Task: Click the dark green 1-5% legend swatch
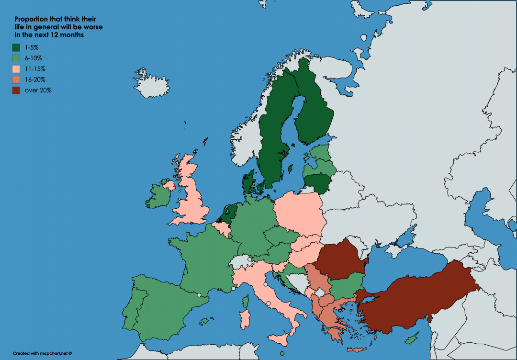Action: [16, 47]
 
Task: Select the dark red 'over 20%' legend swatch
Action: [16, 90]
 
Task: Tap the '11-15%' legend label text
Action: [35, 69]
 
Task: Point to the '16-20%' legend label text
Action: [35, 79]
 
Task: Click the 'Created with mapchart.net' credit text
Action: [42, 353]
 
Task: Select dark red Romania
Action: [340, 260]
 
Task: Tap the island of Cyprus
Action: [411, 340]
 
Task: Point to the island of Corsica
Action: [246, 302]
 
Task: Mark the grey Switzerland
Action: [241, 262]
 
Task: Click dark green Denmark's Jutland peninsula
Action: [247, 182]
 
